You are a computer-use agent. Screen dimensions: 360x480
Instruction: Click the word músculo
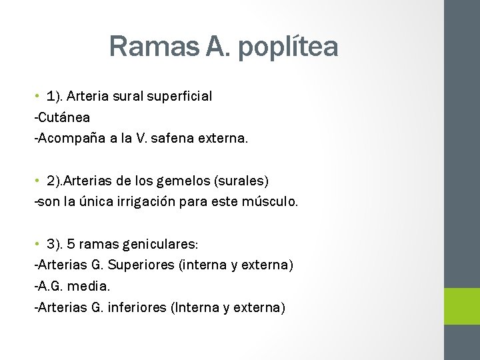[x=270, y=201]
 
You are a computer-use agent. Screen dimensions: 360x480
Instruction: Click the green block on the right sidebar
[x=462, y=306]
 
